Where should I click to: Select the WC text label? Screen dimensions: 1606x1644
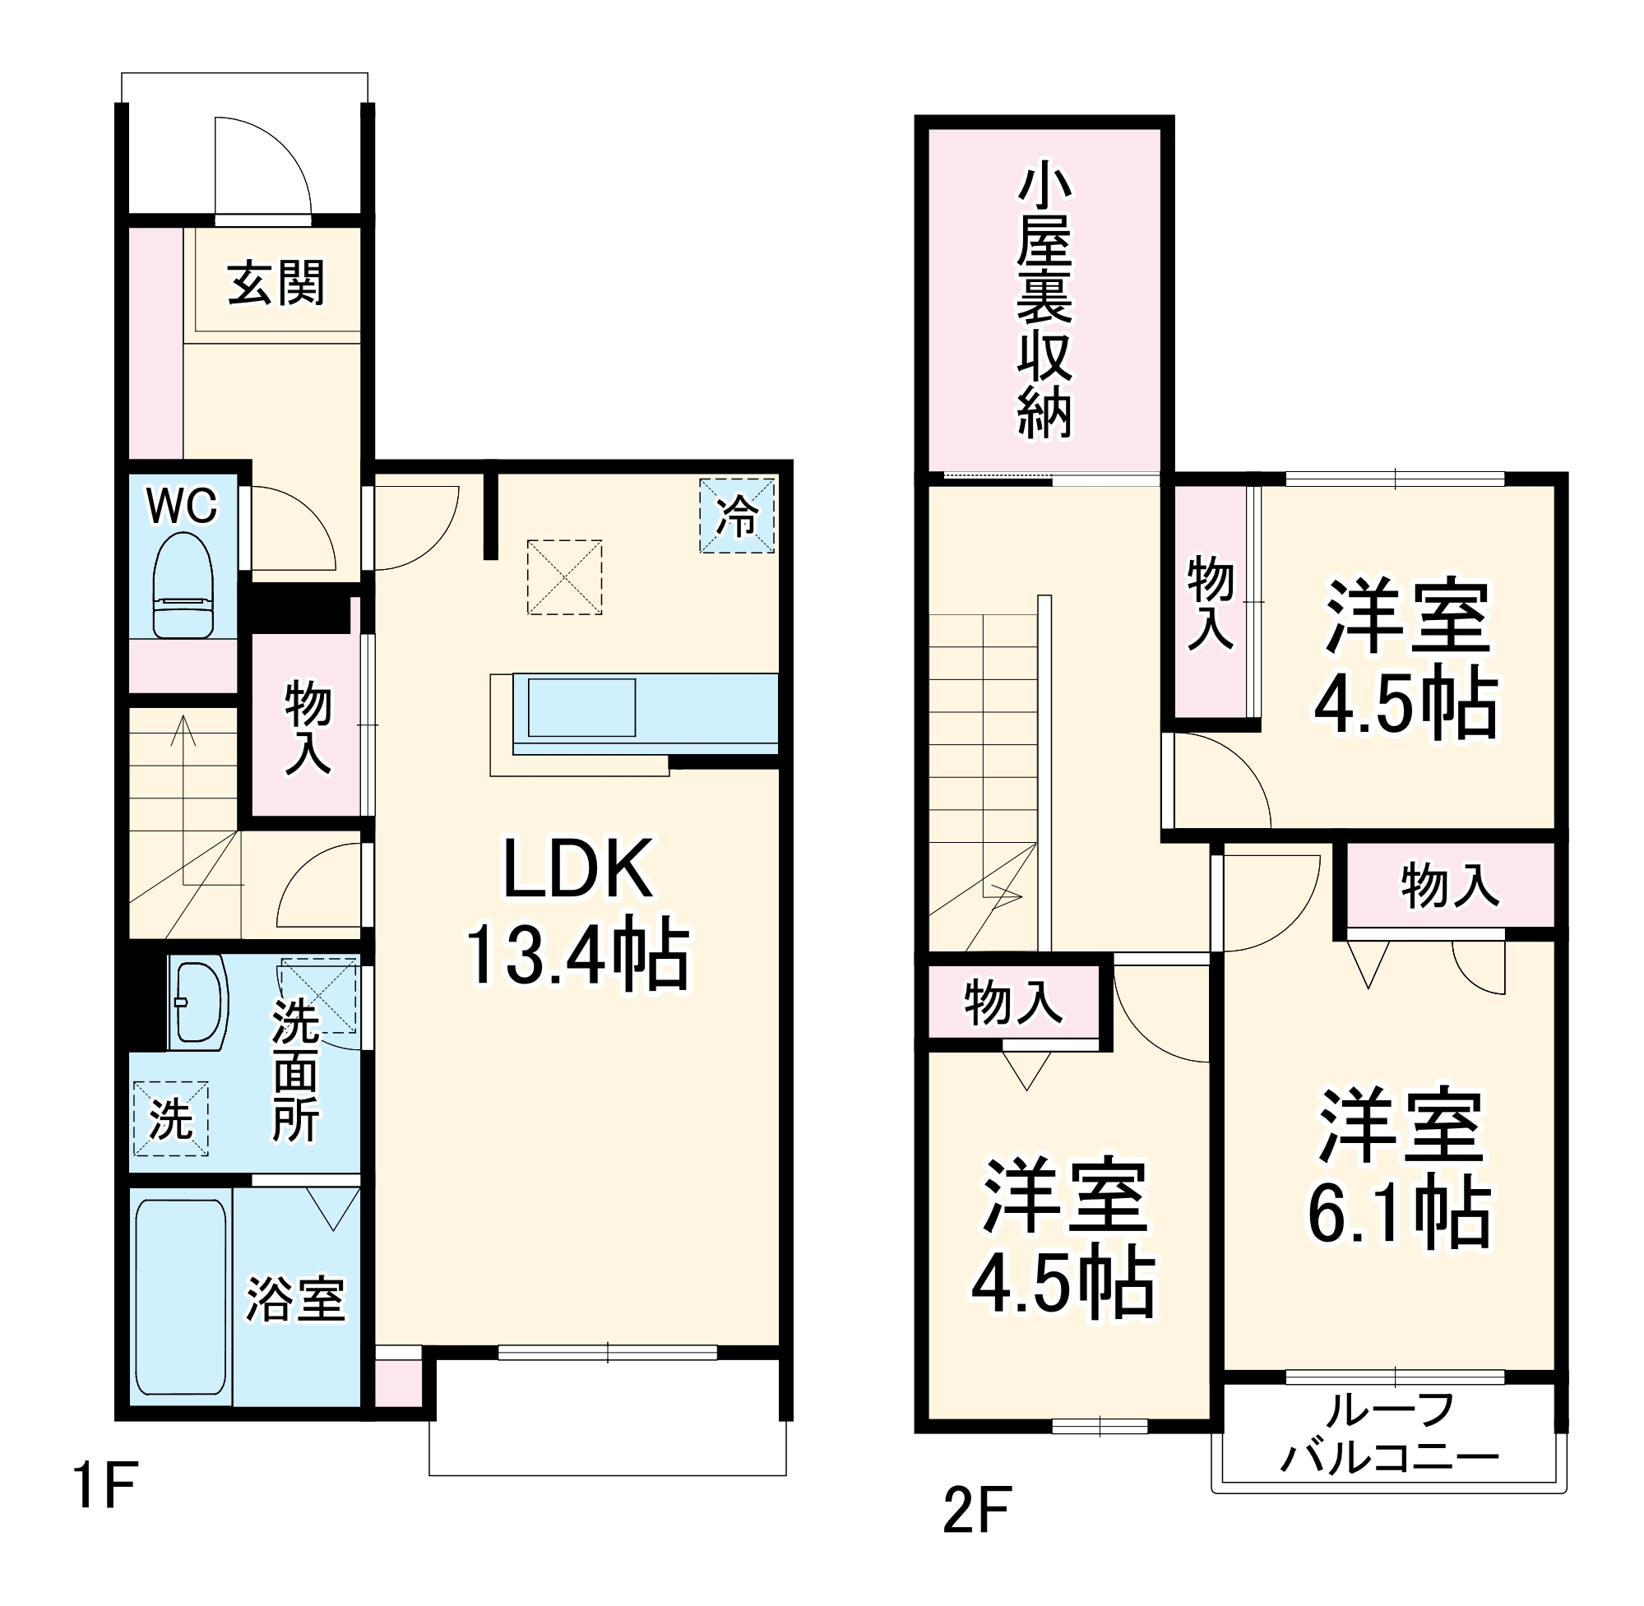tap(182, 506)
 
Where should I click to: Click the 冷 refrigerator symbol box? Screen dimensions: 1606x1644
tap(736, 516)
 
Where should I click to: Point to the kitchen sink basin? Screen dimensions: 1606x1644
tap(581, 707)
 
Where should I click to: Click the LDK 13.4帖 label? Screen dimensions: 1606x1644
tap(578, 912)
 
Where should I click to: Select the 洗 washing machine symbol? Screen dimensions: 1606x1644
tap(170, 1118)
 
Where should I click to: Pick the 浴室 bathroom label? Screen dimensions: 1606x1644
tap(295, 1300)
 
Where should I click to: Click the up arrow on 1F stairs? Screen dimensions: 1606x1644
tap(183, 732)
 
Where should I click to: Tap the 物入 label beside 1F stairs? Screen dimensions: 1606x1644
tap(308, 727)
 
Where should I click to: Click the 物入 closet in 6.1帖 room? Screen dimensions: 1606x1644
tap(1450, 886)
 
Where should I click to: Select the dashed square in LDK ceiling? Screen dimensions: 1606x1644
tap(564, 578)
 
